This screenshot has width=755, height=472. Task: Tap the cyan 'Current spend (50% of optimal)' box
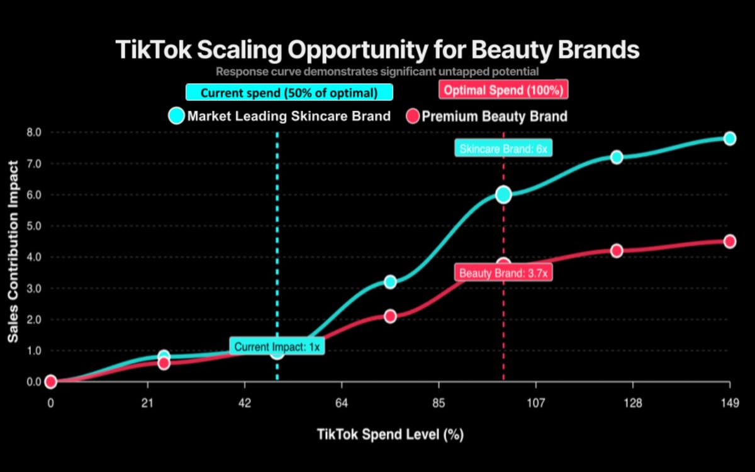(x=289, y=93)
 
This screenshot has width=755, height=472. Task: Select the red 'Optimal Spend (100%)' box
(x=503, y=90)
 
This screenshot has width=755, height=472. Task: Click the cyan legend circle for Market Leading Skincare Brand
(x=177, y=116)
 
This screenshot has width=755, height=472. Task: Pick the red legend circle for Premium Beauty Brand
(x=413, y=116)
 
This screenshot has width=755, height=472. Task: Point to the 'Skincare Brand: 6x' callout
(x=503, y=149)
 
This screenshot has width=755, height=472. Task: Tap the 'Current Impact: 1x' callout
(x=277, y=346)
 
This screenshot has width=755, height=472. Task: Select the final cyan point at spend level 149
(x=730, y=138)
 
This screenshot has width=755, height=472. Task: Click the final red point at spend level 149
(x=730, y=241)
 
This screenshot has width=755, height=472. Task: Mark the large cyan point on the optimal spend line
(x=503, y=194)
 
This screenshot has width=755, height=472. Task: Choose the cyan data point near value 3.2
(x=390, y=282)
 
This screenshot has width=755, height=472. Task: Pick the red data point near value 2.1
(x=390, y=316)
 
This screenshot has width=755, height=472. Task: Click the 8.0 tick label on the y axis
(x=33, y=133)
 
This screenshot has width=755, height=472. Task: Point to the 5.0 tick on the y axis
(x=33, y=226)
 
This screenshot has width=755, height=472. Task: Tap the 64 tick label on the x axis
(x=342, y=403)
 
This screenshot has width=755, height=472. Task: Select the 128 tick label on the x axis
(x=633, y=403)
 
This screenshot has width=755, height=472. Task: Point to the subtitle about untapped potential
(x=377, y=71)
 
